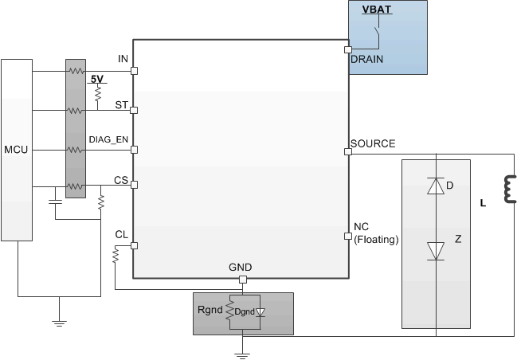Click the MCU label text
(16, 149)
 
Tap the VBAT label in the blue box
(376, 10)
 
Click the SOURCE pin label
(373, 143)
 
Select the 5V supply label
(96, 80)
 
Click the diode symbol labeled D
(435, 186)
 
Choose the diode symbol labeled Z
(435, 250)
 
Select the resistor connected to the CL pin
(116, 255)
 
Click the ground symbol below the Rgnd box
(243, 351)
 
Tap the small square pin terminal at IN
(133, 71)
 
